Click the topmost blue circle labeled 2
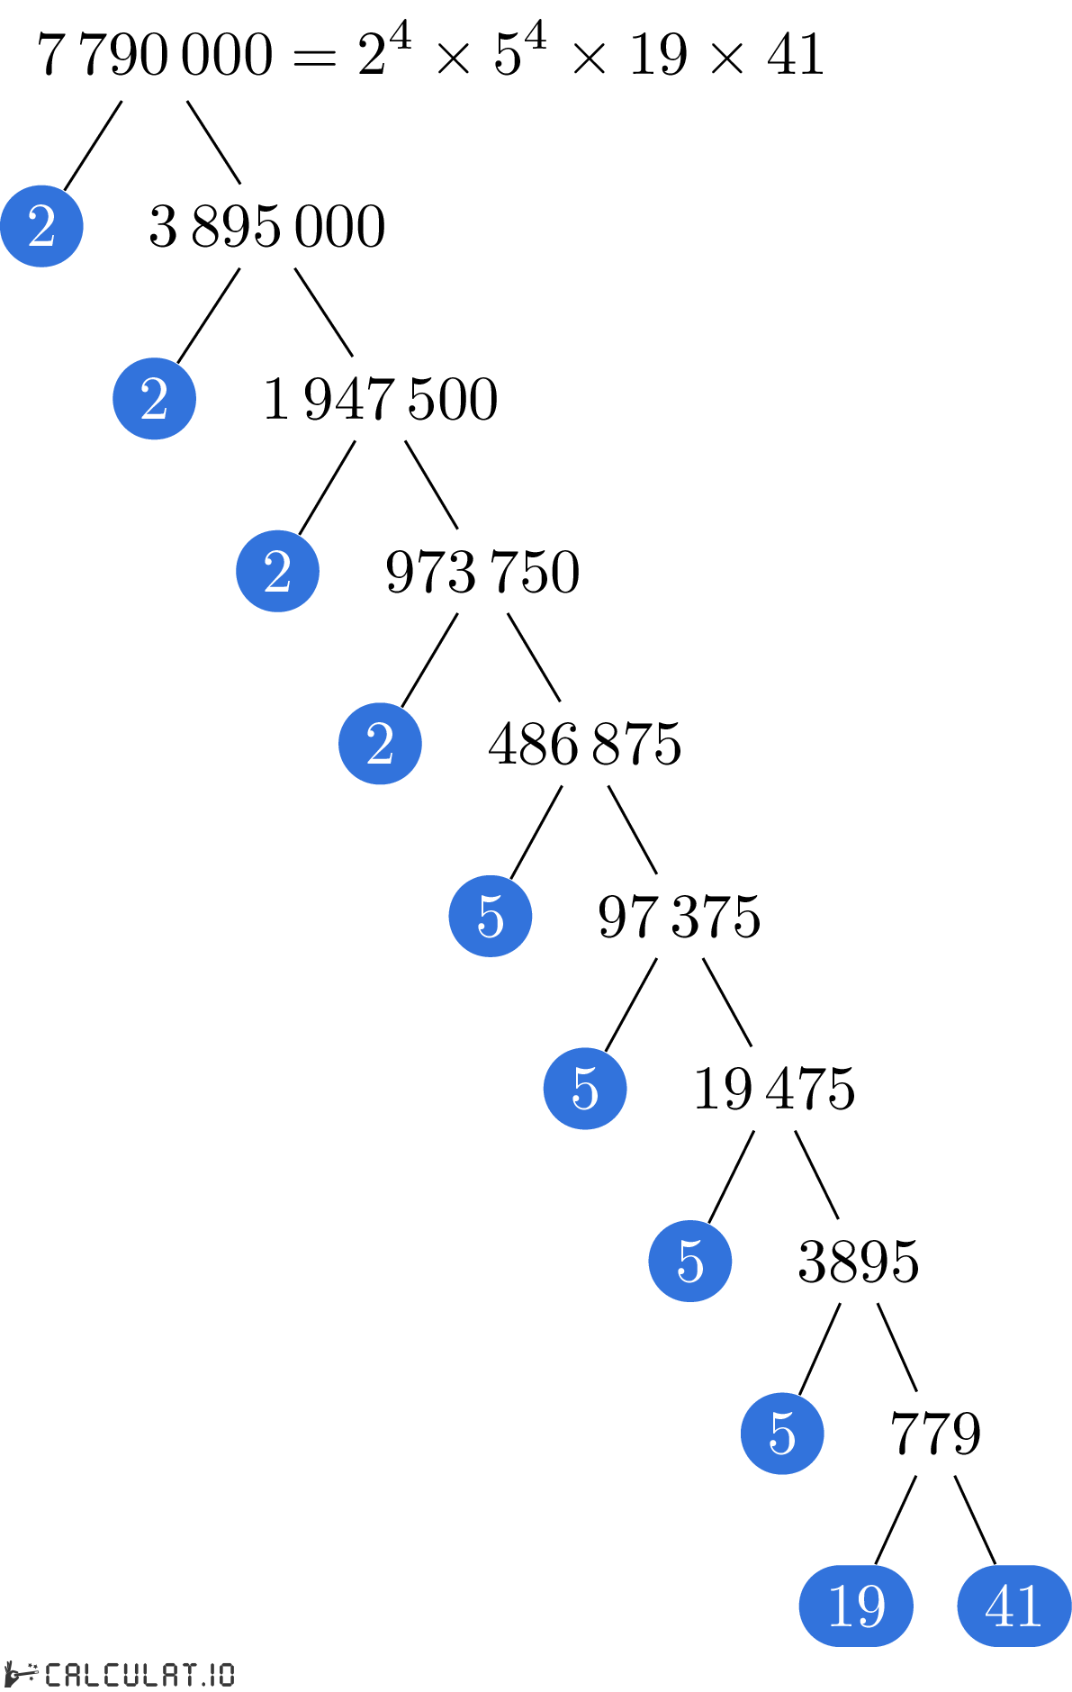click(41, 226)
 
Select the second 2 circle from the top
click(154, 399)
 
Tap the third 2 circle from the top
click(277, 571)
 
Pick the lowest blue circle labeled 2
click(380, 744)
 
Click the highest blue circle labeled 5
click(491, 916)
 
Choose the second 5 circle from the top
click(585, 1089)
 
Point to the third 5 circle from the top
click(690, 1261)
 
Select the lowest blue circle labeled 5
click(782, 1434)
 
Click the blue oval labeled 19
click(856, 1606)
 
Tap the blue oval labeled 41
click(1013, 1606)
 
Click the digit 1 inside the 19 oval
click(839, 1606)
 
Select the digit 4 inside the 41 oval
click(999, 1606)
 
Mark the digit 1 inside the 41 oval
click(1030, 1606)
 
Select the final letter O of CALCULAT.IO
click(225, 1674)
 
